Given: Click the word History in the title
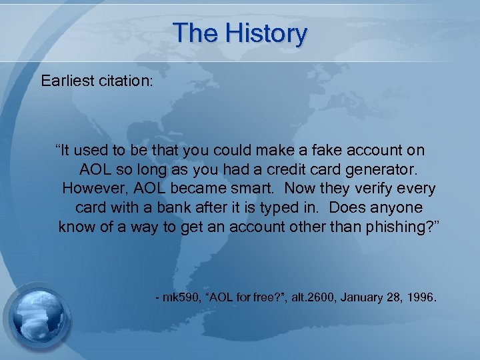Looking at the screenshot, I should click(267, 33).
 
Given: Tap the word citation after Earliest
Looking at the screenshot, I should click(128, 81).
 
